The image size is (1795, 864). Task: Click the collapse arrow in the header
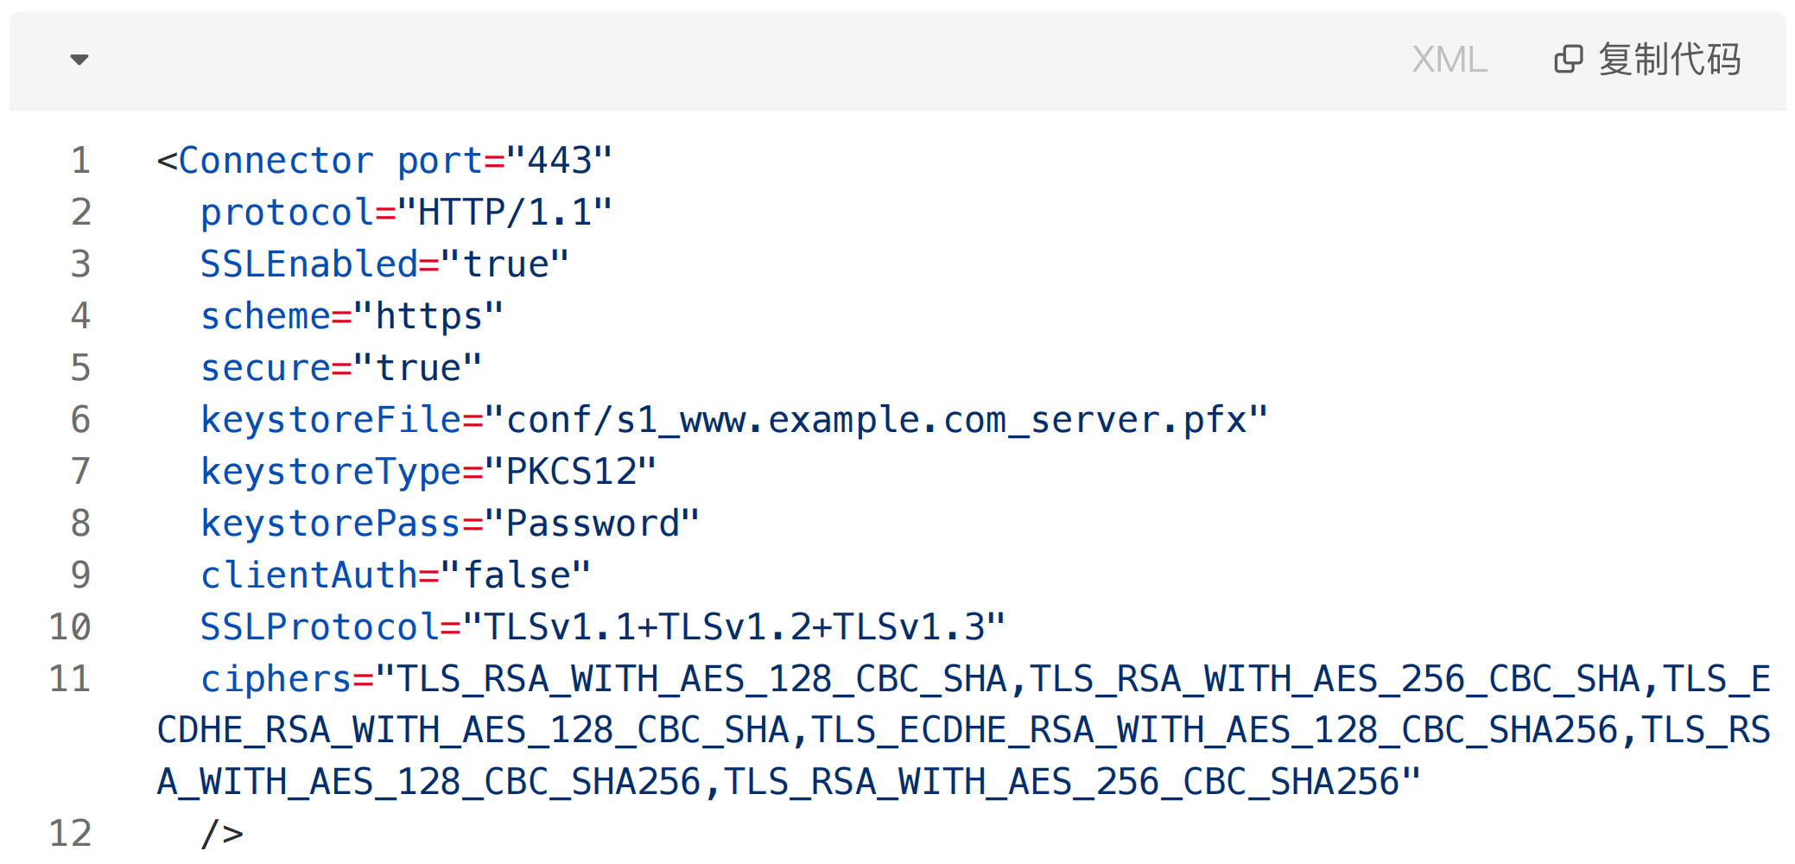tap(79, 60)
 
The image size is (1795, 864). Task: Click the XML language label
tap(1449, 60)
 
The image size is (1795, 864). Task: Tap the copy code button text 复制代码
tap(1669, 60)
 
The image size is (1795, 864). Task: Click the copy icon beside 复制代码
tap(1569, 60)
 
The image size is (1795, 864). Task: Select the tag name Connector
tap(276, 161)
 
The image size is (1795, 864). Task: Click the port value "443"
tap(559, 161)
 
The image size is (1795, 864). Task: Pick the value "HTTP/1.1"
tap(504, 213)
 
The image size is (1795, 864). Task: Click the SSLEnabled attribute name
tap(309, 264)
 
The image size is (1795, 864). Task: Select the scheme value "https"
tap(428, 316)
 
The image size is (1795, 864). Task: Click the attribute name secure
tap(265, 368)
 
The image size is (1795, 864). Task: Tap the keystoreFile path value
tap(876, 420)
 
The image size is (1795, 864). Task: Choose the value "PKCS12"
tap(570, 472)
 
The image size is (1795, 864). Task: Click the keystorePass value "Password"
tap(592, 524)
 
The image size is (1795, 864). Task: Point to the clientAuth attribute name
tap(309, 575)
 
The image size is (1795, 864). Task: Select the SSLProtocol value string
tap(734, 627)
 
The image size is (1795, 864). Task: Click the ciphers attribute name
tap(276, 679)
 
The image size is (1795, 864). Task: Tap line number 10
tap(70, 627)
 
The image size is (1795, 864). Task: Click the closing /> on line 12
tap(222, 834)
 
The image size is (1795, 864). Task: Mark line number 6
tap(80, 420)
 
